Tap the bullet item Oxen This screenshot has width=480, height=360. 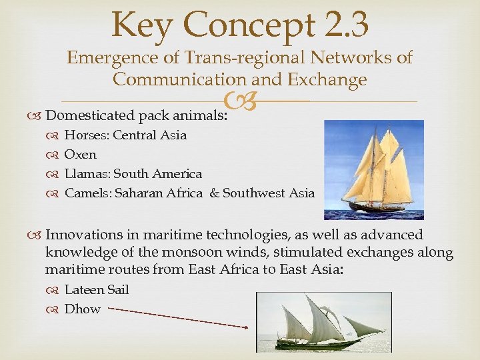click(x=80, y=155)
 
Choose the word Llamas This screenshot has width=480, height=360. click(x=87, y=174)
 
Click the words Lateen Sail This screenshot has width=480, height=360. click(x=97, y=290)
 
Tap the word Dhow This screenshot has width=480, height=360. click(x=82, y=309)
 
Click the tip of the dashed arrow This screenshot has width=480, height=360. click(x=248, y=327)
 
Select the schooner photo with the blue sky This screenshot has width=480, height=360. click(x=373, y=169)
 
